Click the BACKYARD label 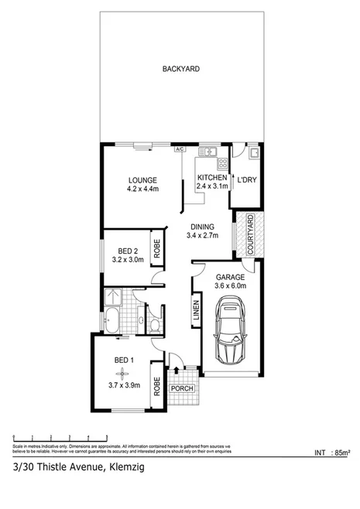[x=180, y=69]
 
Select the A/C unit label [x=179, y=149]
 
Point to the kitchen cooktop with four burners [x=221, y=163]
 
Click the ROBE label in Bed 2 [x=156, y=249]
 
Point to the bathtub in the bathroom [x=114, y=319]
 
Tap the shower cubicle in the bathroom [x=113, y=295]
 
